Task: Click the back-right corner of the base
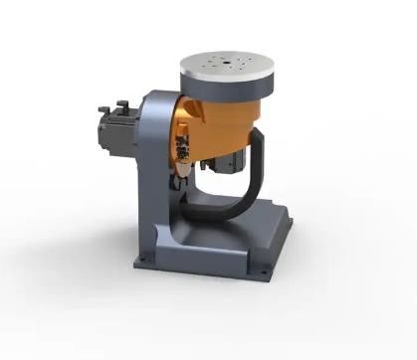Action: pyautogui.click(x=295, y=215)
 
